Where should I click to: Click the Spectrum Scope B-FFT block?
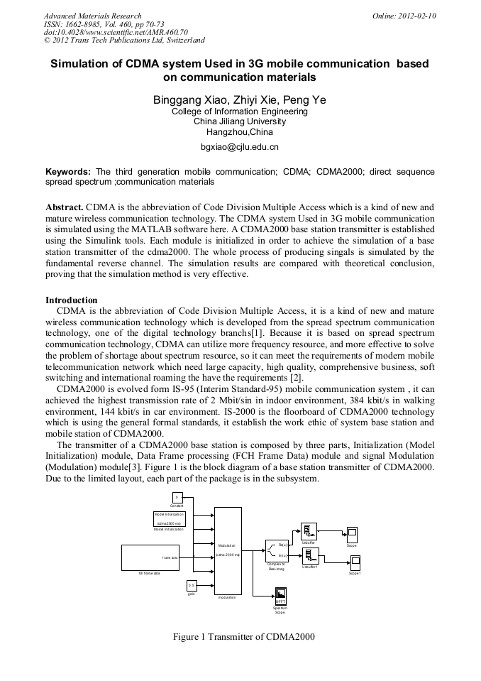(x=280, y=596)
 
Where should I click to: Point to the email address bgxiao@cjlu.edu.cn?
(x=240, y=147)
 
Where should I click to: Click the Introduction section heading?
(x=72, y=300)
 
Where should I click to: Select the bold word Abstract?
(x=64, y=207)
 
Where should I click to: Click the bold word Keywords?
(x=68, y=172)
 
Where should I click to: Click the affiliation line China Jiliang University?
(x=240, y=121)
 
